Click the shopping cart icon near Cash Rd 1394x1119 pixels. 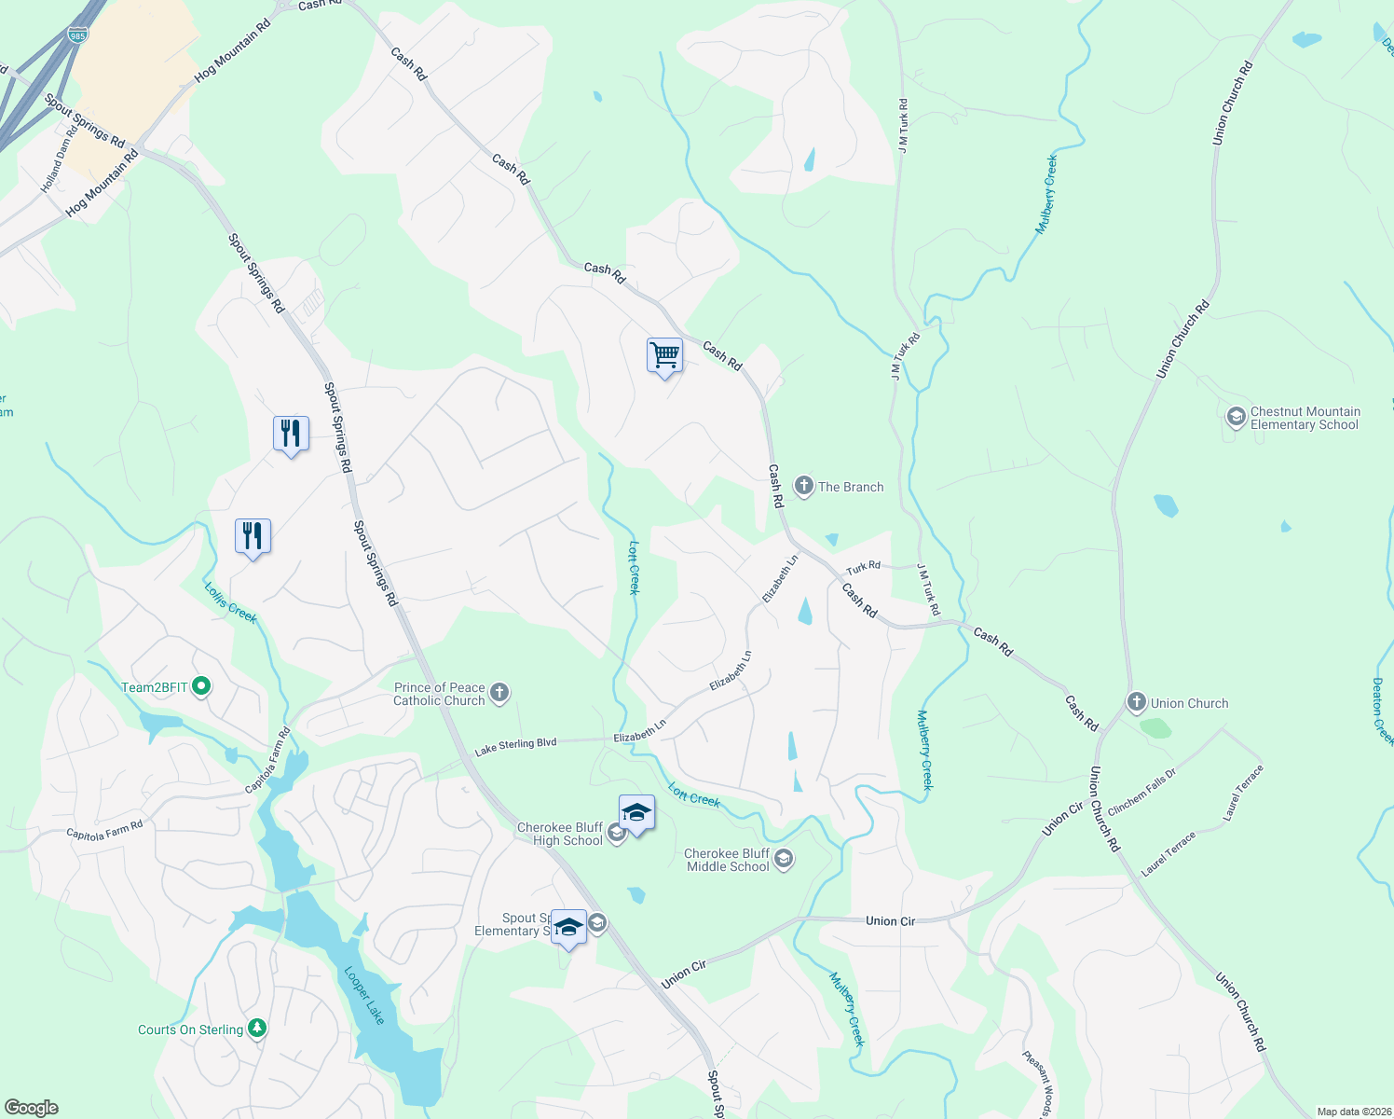[x=664, y=355]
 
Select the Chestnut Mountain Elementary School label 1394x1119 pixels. [x=1305, y=418]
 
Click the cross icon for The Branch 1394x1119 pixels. [x=803, y=486]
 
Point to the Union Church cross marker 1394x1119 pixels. [x=1136, y=703]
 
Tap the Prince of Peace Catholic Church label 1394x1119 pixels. [x=439, y=694]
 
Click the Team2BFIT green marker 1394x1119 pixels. [x=200, y=687]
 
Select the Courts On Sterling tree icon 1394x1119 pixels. [x=257, y=1029]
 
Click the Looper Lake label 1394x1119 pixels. [x=363, y=995]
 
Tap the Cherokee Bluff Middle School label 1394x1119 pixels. [x=727, y=860]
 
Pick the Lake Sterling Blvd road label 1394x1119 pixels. [x=515, y=746]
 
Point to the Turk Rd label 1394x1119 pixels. [x=863, y=567]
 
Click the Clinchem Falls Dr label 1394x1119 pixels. [x=1141, y=792]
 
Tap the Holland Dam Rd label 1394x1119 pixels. [x=59, y=160]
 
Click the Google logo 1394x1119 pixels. [x=31, y=1108]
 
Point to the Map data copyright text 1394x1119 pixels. [x=1351, y=1112]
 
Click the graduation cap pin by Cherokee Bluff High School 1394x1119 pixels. [x=636, y=813]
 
